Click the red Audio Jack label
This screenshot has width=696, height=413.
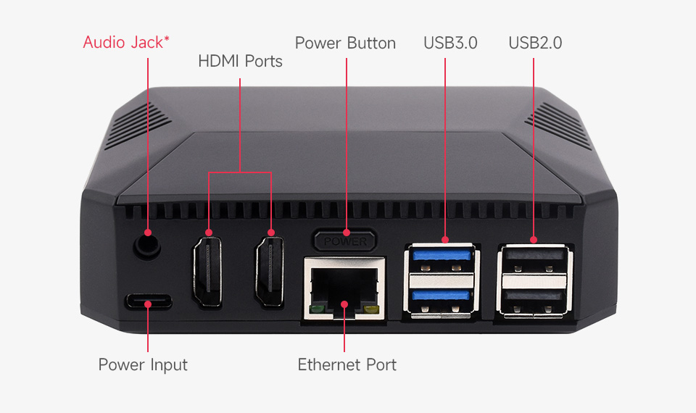pos(126,43)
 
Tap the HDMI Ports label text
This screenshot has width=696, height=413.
pos(240,61)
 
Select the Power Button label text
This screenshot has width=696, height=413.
pos(345,43)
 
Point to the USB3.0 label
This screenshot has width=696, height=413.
pos(450,43)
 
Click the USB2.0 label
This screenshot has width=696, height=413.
pos(535,43)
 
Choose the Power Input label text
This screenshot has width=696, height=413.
pos(143,365)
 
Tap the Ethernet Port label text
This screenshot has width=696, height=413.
pos(347,364)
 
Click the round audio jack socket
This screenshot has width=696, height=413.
pos(147,246)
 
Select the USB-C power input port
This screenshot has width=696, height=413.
pos(148,301)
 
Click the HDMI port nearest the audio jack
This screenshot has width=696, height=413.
pos(207,271)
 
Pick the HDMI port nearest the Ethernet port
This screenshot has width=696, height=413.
pos(270,271)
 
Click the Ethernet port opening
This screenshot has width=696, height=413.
pos(344,288)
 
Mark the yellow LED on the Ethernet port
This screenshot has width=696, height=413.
pos(371,309)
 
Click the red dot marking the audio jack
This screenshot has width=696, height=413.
pos(148,233)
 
